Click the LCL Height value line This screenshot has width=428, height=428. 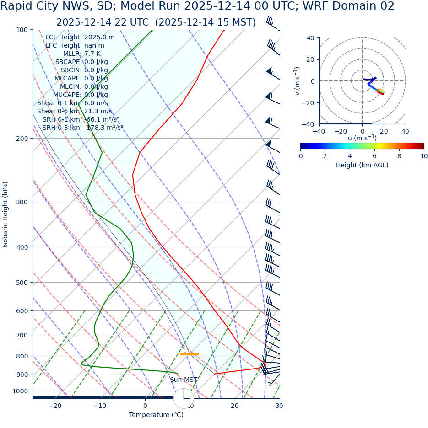tap(80, 37)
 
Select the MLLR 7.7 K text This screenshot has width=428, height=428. tap(81, 54)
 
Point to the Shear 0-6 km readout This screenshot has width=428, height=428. tap(74, 112)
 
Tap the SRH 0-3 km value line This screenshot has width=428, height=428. tap(83, 128)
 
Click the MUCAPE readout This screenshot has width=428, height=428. tap(81, 95)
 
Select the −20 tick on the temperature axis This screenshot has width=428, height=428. tap(54, 406)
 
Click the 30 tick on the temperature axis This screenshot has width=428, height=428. tap(279, 406)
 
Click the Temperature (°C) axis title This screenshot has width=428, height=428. tap(156, 415)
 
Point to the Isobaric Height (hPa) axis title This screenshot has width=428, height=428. tap(5, 214)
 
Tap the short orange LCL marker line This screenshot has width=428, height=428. tap(189, 354)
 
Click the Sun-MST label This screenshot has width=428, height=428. tap(184, 380)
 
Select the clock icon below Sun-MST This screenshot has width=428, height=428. tap(184, 398)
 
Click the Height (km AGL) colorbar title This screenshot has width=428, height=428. tap(362, 166)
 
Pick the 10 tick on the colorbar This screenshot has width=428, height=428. tap(424, 156)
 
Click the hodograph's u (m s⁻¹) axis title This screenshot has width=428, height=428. tap(362, 138)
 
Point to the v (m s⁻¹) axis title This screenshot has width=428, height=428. tap(298, 81)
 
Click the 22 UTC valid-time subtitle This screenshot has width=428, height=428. tap(156, 22)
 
